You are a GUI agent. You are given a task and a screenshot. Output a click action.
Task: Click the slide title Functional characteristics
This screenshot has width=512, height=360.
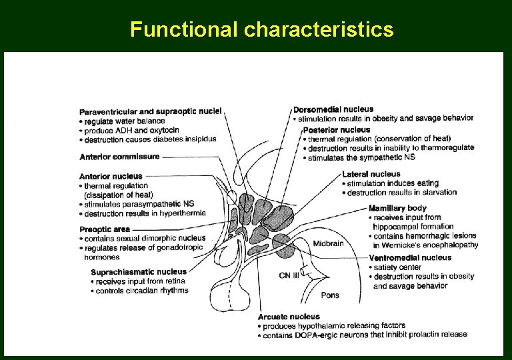pos(262,30)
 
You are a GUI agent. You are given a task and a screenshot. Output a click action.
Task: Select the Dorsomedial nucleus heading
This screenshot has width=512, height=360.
pos(333,109)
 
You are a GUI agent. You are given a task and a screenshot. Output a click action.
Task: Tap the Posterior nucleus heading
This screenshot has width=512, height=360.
pos(336,129)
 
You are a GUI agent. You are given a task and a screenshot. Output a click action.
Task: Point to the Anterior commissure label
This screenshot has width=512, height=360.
pos(119,157)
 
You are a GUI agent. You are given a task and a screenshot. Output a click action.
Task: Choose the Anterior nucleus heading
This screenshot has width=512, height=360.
pos(111,176)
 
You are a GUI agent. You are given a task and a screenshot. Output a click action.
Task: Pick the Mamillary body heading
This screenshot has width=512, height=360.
pos(397,208)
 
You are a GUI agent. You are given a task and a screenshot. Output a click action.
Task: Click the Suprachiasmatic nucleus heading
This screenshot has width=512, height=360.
pos(139,271)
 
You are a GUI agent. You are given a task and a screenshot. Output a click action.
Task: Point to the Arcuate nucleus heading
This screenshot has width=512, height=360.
pos(289,316)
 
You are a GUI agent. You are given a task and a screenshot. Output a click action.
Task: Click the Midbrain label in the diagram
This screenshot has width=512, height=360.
pos(328,243)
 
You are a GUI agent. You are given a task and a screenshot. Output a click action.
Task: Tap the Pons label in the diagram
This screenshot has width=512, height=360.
pos(330,295)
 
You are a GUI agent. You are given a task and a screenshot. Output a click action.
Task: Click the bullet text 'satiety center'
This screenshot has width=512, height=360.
pos(399,267)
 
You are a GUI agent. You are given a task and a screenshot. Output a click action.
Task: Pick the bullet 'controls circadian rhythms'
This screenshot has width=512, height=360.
pos(141,291)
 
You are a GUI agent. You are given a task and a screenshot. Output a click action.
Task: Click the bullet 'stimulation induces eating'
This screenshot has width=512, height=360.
pos(392,183)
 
